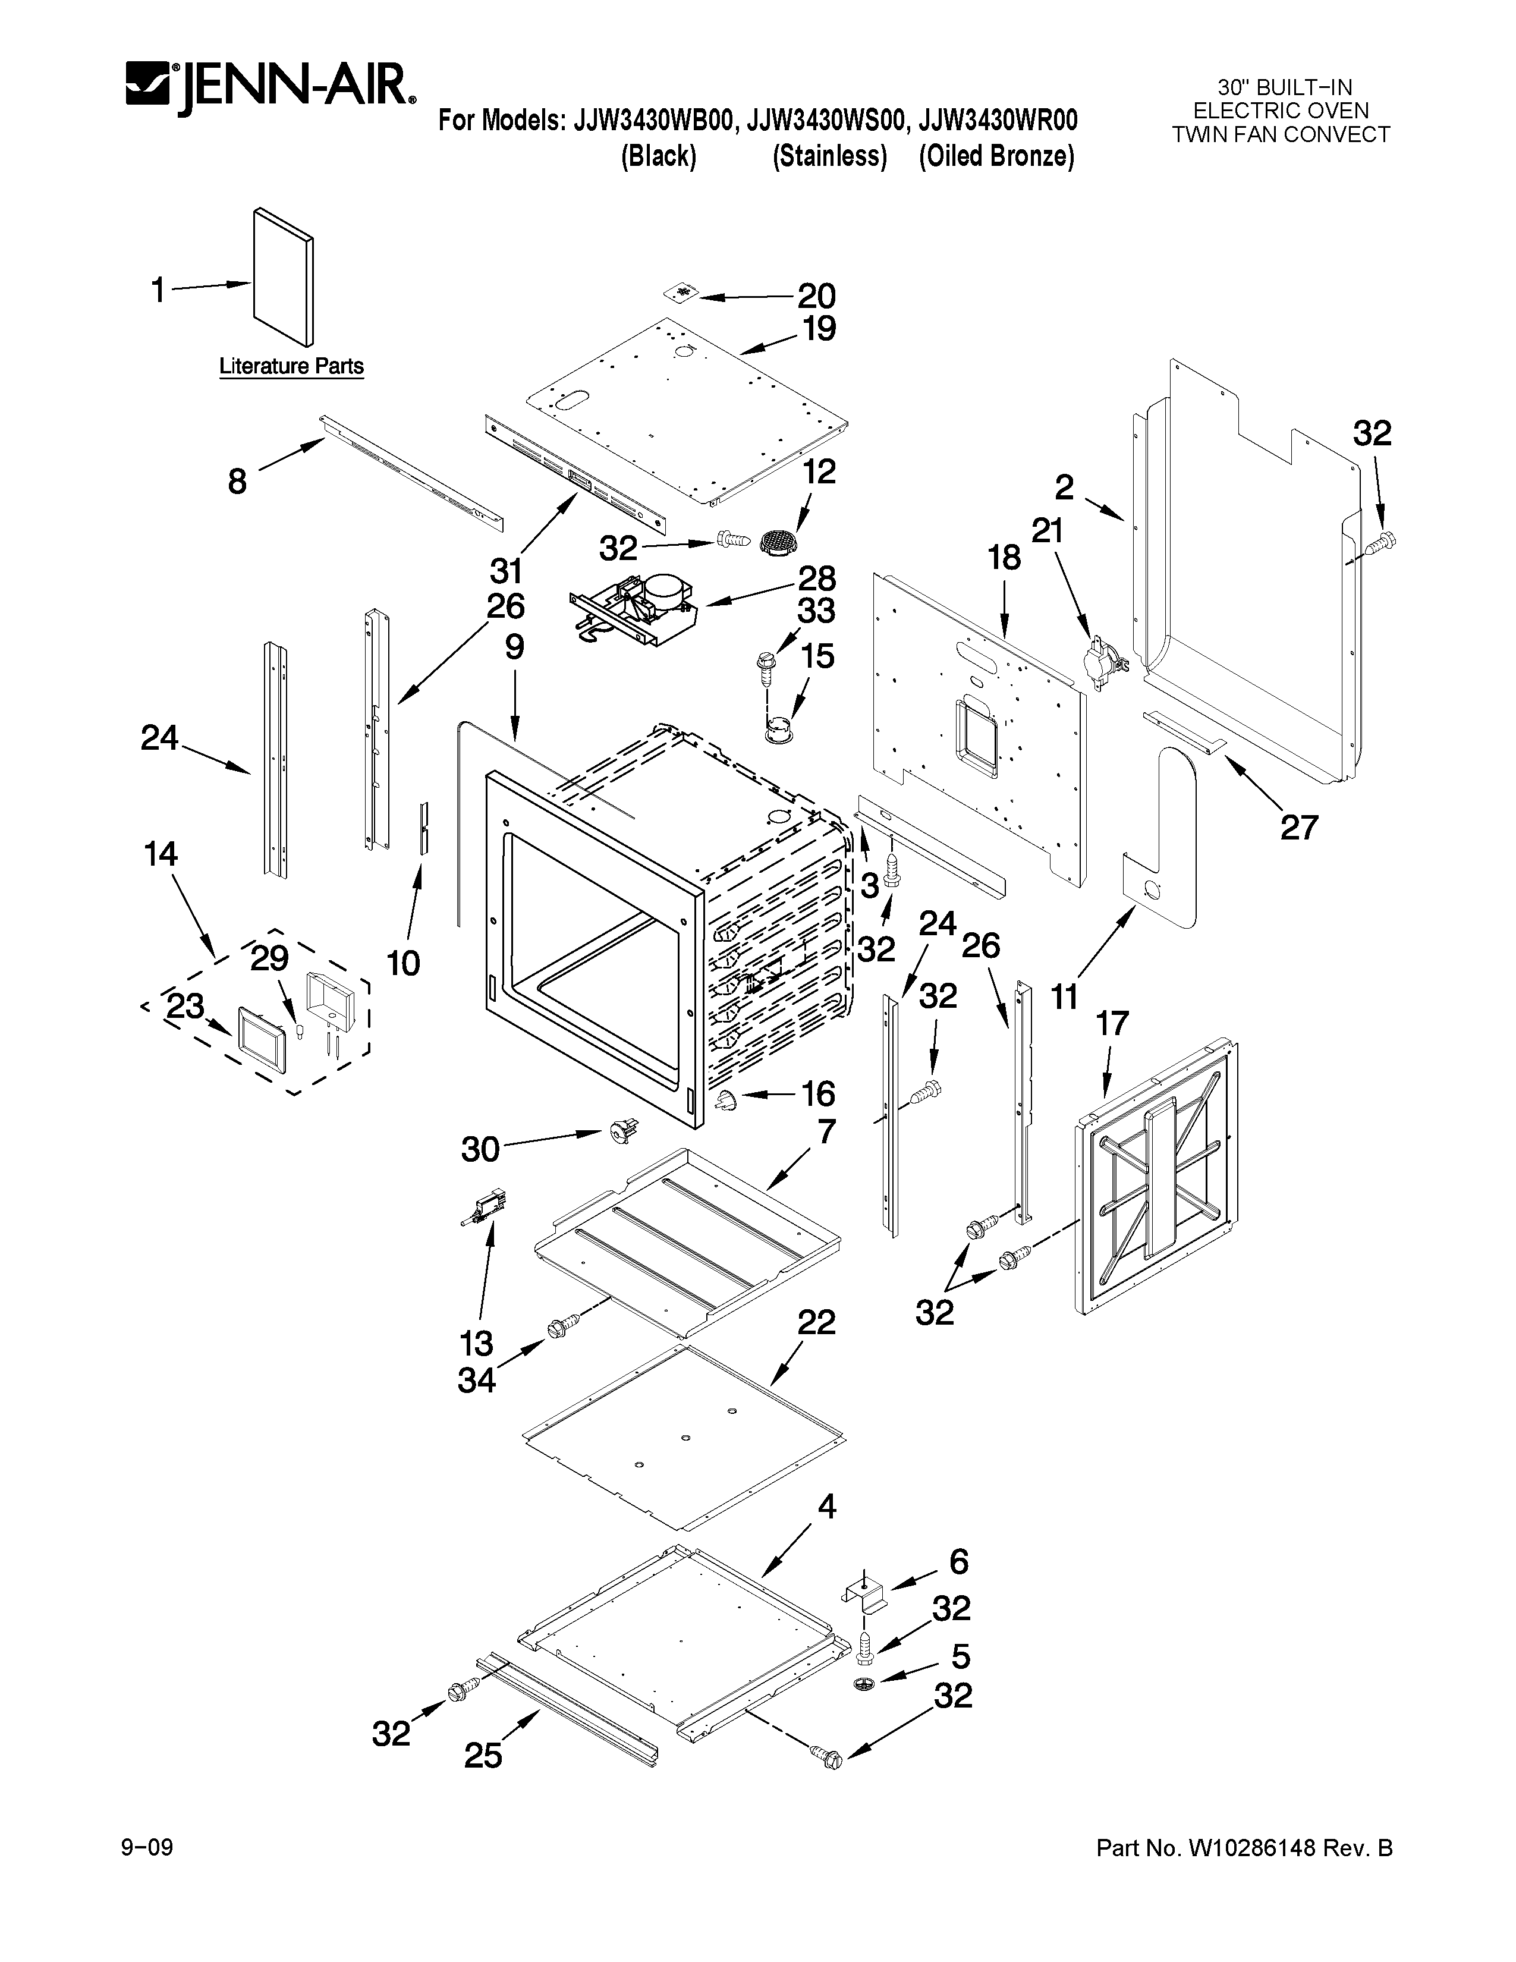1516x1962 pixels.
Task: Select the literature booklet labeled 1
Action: [284, 276]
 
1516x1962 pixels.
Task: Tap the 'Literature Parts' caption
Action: [292, 366]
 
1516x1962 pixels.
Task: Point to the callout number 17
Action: [1112, 1023]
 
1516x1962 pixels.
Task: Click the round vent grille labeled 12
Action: [773, 542]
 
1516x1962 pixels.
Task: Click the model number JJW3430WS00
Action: [829, 120]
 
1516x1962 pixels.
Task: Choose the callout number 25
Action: [483, 1755]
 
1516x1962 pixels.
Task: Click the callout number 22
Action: [816, 1322]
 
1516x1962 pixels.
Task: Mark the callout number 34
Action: [476, 1381]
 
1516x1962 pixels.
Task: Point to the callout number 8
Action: [237, 482]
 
